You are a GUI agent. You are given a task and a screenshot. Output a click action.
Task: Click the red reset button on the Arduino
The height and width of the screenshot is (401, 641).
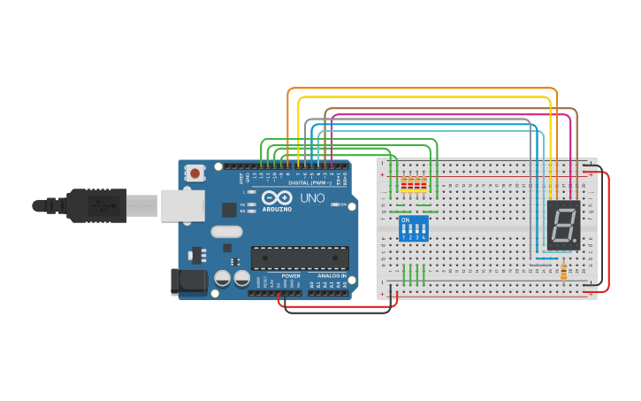pos(195,174)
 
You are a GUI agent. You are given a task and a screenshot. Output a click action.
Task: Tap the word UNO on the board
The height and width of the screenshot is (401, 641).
pos(315,197)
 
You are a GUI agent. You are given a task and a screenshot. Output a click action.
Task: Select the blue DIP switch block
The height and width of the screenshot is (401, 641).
pos(415,228)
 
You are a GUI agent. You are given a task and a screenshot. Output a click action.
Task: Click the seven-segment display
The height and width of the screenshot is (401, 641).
pos(563,225)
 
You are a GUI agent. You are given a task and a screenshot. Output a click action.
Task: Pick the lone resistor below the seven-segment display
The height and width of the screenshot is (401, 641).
pos(564,270)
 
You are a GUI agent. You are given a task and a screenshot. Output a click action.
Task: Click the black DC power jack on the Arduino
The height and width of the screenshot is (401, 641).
pos(187,281)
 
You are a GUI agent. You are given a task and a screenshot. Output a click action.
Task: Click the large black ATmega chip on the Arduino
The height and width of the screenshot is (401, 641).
pos(299,258)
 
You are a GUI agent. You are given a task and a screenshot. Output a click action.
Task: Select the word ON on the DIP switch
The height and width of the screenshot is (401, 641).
pos(406,220)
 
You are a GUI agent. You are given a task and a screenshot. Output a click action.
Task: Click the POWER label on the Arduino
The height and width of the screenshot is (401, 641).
pos(291,276)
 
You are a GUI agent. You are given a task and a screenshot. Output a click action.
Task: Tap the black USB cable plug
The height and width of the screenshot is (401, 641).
pos(97,205)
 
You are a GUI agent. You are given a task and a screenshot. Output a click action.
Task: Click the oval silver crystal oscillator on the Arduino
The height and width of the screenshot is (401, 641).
pos(251,232)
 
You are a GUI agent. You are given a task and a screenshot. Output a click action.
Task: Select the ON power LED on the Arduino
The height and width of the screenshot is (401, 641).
pos(332,204)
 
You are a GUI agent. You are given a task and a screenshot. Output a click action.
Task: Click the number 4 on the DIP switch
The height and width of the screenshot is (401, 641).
pos(425,237)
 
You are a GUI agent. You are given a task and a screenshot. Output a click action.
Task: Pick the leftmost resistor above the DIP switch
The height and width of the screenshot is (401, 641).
pos(404,186)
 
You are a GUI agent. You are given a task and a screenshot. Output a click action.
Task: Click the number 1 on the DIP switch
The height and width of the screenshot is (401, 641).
pos(404,237)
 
